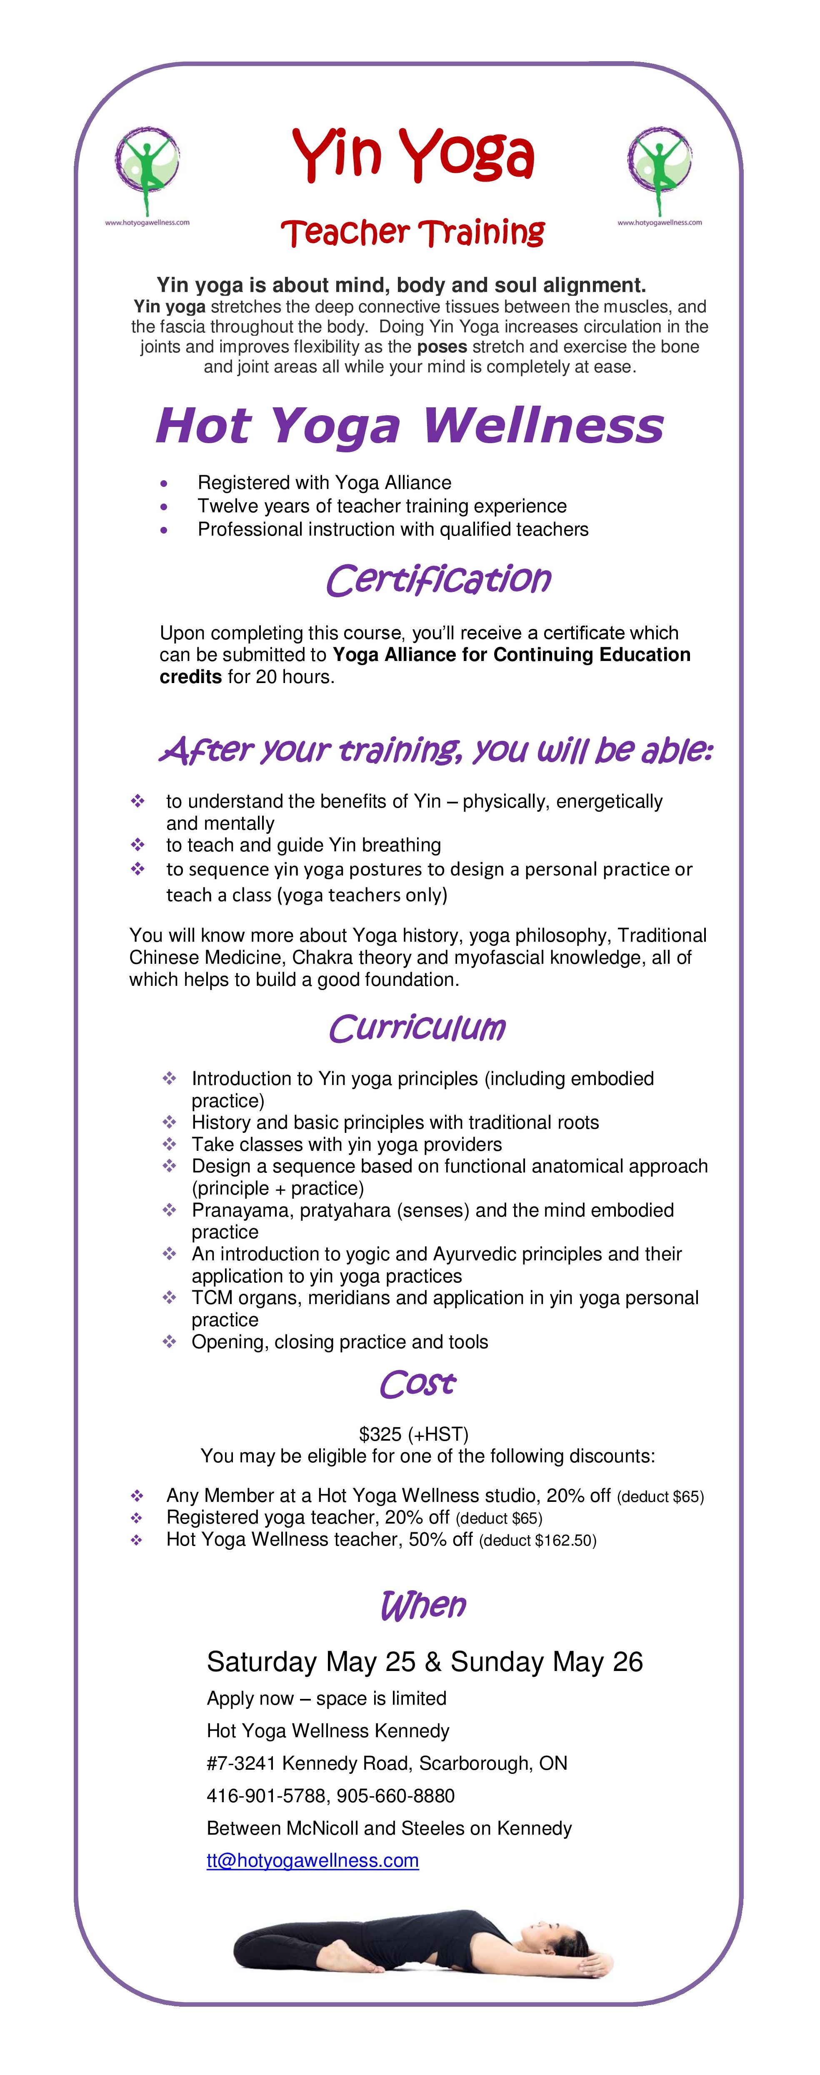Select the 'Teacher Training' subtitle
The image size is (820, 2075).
click(412, 233)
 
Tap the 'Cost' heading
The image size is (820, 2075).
click(417, 1384)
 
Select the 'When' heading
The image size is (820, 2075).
click(423, 1605)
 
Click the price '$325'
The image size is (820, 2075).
click(380, 1434)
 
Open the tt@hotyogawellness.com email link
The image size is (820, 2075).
click(312, 1860)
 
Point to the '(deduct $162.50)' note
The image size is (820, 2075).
click(537, 1540)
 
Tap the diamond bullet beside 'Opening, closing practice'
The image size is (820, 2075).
click(169, 1341)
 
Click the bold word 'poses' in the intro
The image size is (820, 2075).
click(441, 347)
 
